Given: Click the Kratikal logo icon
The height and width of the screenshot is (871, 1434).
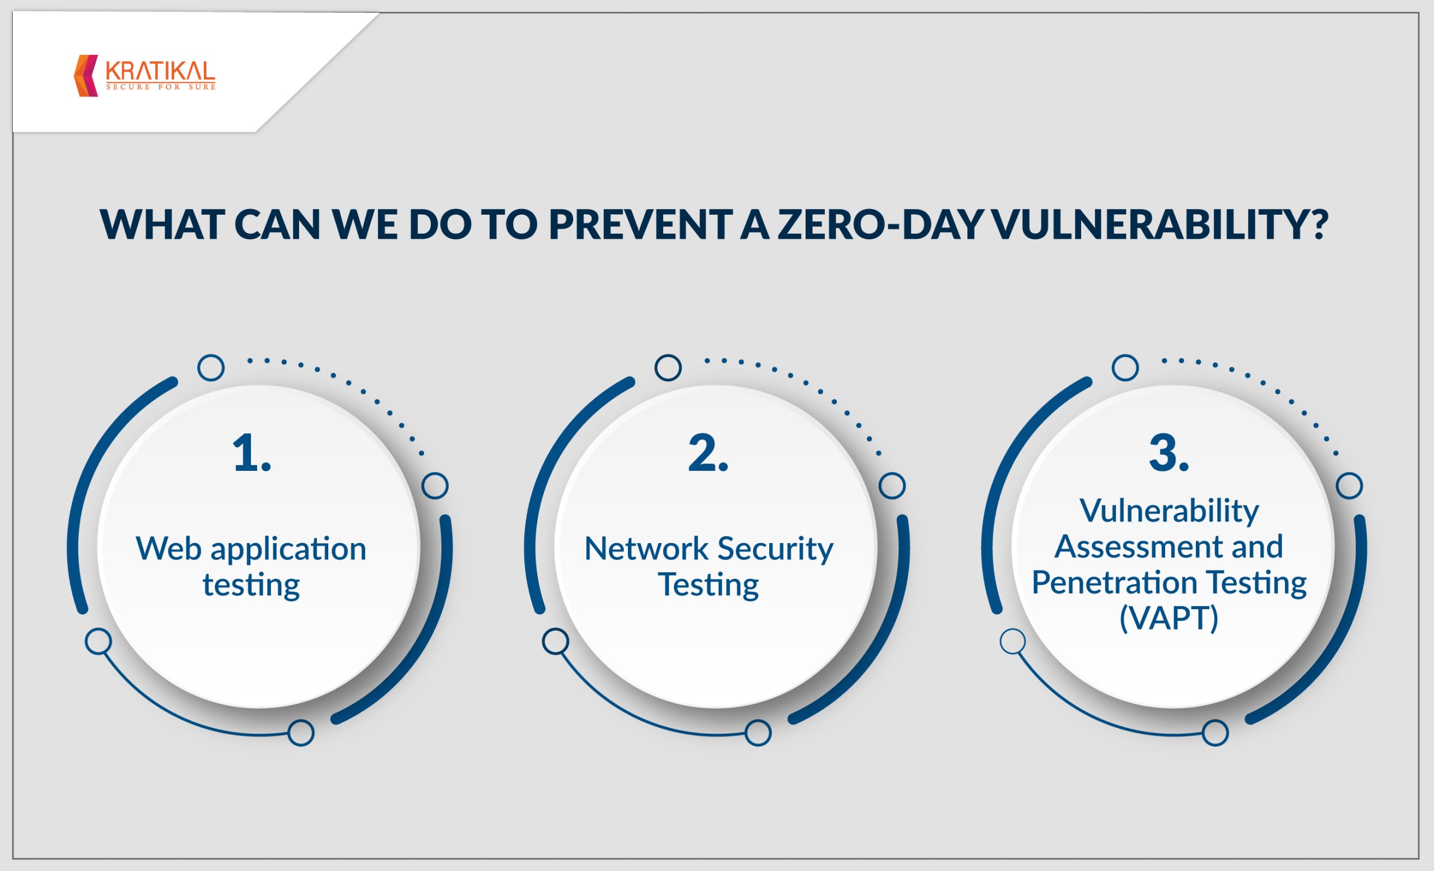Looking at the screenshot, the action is point(86,76).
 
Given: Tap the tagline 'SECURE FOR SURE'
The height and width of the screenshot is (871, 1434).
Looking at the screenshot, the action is point(161,87).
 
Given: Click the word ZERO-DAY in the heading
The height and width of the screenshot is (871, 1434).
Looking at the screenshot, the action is point(880,224).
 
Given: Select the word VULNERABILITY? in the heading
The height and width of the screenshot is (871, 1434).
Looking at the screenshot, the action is point(1160,224).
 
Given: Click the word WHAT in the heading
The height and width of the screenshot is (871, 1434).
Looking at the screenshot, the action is point(162,224).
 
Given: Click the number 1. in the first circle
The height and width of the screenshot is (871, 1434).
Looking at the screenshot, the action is point(252,453).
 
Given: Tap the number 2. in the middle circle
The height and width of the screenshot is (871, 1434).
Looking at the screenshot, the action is point(708,453).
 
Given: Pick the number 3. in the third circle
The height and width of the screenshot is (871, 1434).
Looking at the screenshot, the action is point(1169,453).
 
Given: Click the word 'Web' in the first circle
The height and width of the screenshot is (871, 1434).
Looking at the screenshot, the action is point(169,549).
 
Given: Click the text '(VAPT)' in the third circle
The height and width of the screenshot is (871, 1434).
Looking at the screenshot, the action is point(1169,618).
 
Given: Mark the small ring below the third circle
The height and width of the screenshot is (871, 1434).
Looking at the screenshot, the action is point(1215,733).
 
